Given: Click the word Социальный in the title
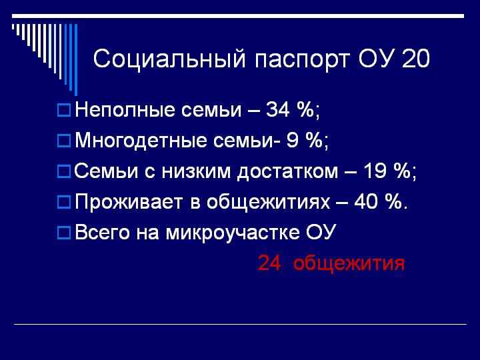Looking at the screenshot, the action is [169, 59].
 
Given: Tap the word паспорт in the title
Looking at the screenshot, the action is [301, 60].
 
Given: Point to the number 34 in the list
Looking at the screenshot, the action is [277, 109].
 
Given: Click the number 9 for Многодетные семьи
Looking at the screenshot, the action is [292, 140].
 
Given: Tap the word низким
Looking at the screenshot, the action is [195, 171].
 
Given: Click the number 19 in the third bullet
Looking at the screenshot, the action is [375, 171].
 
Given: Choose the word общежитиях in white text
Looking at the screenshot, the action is [268, 203].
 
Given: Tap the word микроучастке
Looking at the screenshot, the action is [233, 233].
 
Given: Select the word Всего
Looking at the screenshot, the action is [101, 233].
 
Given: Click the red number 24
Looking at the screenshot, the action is [269, 263].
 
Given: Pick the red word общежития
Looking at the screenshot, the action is [349, 263].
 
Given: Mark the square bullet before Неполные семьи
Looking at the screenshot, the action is [64, 110].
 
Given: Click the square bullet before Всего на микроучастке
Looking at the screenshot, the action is [64, 233].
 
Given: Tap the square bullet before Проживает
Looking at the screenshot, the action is [64, 203].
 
